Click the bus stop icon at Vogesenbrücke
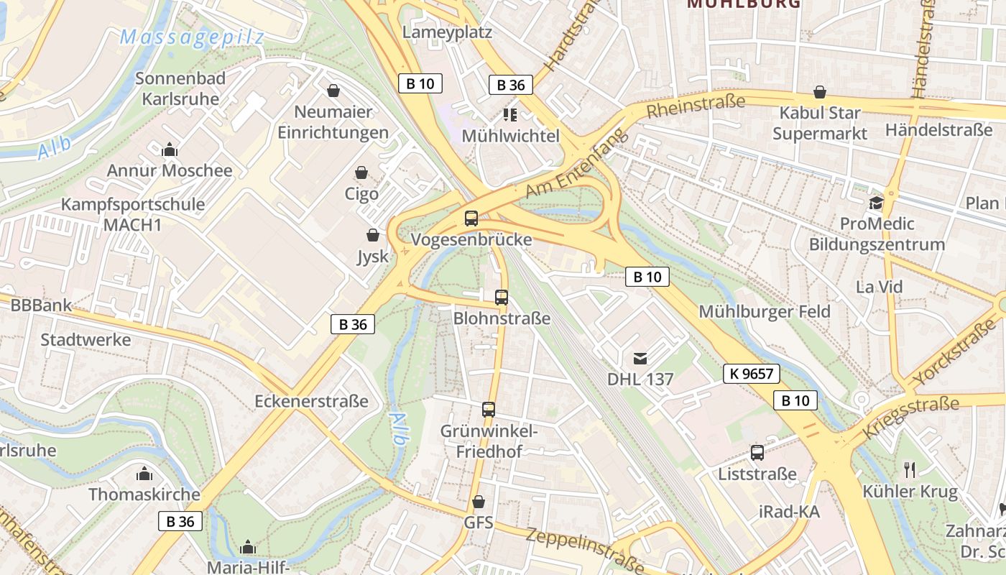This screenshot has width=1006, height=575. (x=471, y=218)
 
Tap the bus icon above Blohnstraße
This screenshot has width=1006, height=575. (x=502, y=297)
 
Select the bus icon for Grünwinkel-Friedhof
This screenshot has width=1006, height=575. (x=489, y=410)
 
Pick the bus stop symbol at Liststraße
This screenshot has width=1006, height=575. (x=757, y=453)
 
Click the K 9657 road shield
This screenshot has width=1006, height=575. (x=752, y=374)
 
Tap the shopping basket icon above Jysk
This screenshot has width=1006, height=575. (x=373, y=235)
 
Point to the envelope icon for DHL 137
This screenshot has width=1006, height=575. (x=640, y=357)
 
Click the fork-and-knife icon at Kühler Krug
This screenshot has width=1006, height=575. (x=910, y=470)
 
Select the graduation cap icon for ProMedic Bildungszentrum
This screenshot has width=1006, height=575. (x=876, y=203)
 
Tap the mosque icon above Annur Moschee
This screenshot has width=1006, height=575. (x=170, y=149)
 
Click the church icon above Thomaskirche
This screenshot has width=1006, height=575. (x=144, y=474)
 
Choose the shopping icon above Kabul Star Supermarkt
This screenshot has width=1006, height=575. (x=820, y=92)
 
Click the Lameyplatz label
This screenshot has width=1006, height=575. (x=447, y=32)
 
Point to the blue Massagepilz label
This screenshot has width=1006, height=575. (x=192, y=37)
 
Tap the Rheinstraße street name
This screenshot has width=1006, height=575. (x=696, y=106)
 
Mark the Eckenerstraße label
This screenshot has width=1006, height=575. (x=311, y=401)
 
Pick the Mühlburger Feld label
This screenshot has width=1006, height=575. (x=765, y=312)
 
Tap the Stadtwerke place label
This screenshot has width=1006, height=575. (x=86, y=339)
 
